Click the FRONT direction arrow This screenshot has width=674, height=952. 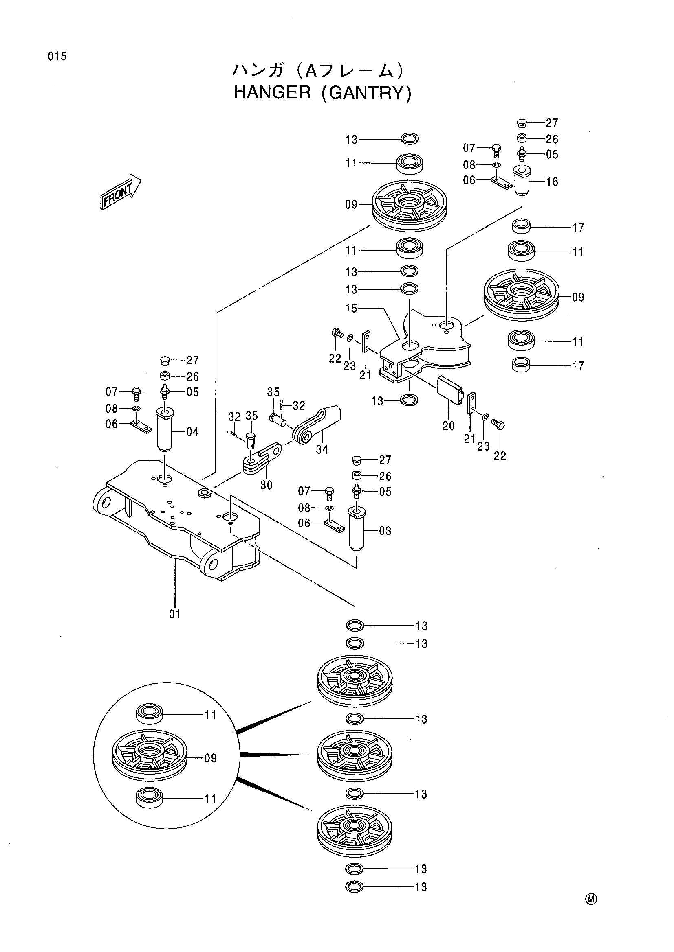pos(121,191)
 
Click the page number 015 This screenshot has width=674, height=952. pos(57,57)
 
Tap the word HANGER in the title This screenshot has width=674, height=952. pos(272,92)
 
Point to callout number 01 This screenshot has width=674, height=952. pos(175,614)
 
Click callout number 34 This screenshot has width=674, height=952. pos(322,449)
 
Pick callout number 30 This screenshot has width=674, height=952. pos(266,485)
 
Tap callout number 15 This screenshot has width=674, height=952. pos(351,309)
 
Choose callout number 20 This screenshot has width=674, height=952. pos(448,426)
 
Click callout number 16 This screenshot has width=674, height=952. pos(552,182)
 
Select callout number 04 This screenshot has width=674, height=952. pos(192,431)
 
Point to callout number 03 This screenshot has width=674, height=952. pos(385,531)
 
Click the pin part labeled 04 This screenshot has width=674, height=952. pos(165,430)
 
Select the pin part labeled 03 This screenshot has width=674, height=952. pos(356,528)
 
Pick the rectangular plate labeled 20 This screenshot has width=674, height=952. pos(449,390)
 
